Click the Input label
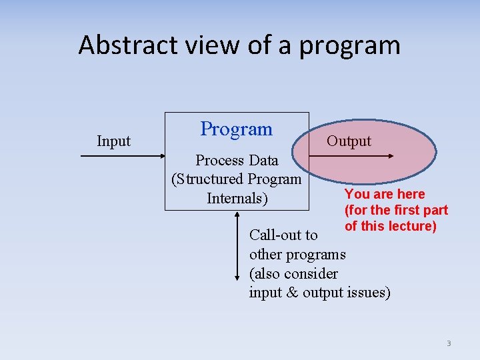coord(113,141)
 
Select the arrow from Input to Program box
coord(123,156)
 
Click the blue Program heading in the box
coord(237,129)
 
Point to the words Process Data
coord(237,160)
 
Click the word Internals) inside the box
coord(237,198)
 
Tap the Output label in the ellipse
coord(349,141)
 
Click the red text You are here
coord(385,194)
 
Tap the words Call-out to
coord(283,235)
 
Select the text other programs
coord(297,254)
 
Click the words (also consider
coord(293,273)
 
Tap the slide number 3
coord(449,343)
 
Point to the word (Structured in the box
coord(207,179)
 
